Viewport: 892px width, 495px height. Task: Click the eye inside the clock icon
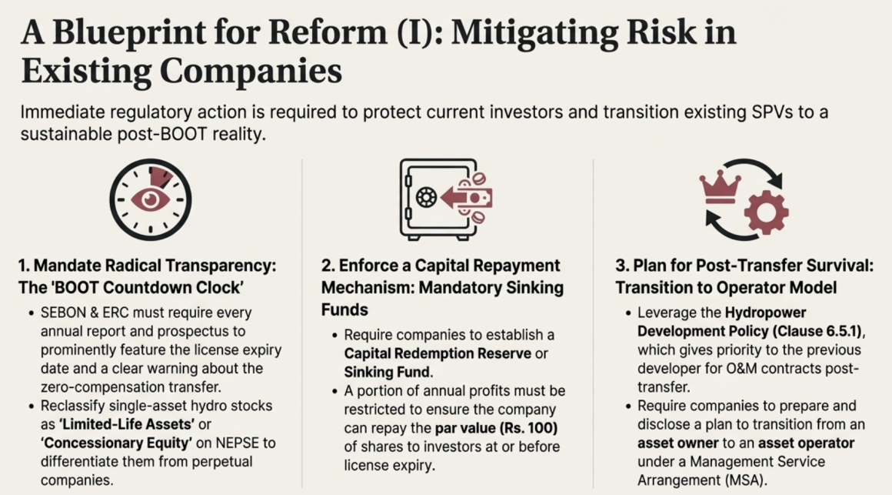click(150, 199)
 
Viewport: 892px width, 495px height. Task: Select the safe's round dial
click(426, 198)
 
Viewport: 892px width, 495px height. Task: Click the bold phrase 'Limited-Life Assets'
click(126, 424)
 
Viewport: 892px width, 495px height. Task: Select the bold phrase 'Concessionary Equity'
click(116, 443)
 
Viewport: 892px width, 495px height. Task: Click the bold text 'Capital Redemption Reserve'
click(438, 353)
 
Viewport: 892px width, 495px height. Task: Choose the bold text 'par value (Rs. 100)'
click(496, 428)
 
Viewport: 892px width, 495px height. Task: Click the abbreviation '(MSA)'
click(745, 480)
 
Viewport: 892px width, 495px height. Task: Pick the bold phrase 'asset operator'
click(806, 443)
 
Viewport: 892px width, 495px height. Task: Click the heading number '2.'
click(328, 266)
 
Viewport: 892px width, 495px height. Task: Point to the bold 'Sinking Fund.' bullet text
click(388, 373)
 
